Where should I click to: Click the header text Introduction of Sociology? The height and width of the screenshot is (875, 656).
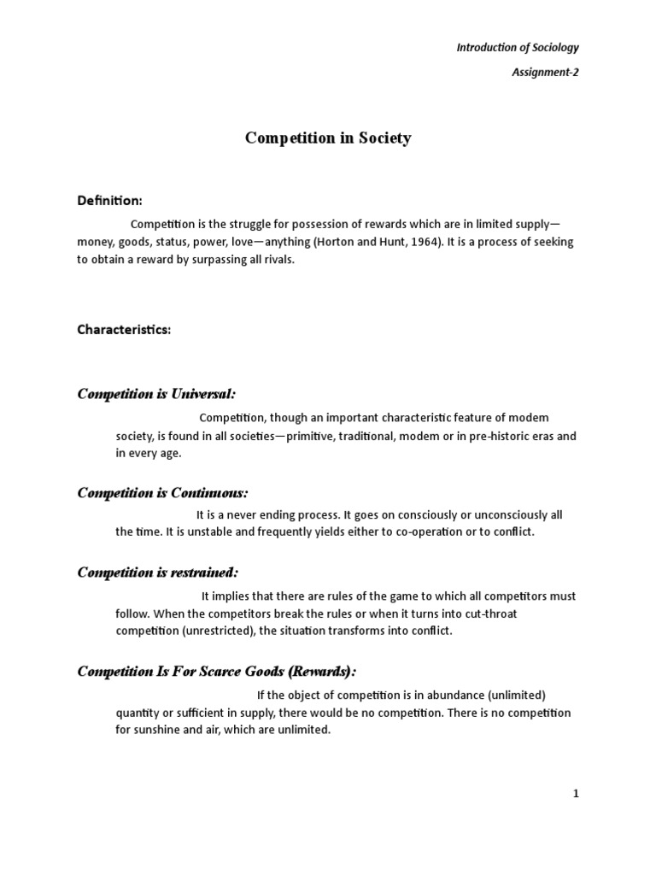[518, 48]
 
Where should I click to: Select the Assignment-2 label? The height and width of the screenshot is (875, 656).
[545, 73]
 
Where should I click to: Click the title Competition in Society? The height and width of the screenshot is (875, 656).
[328, 138]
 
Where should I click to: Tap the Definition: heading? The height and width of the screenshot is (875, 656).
[110, 200]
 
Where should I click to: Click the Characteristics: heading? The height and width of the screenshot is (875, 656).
[124, 330]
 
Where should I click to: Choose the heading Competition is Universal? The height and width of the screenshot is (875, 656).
[156, 394]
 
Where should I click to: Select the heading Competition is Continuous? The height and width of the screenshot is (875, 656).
[162, 493]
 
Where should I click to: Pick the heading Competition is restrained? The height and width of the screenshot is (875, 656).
[158, 573]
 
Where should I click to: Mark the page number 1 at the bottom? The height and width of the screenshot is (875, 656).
[576, 794]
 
